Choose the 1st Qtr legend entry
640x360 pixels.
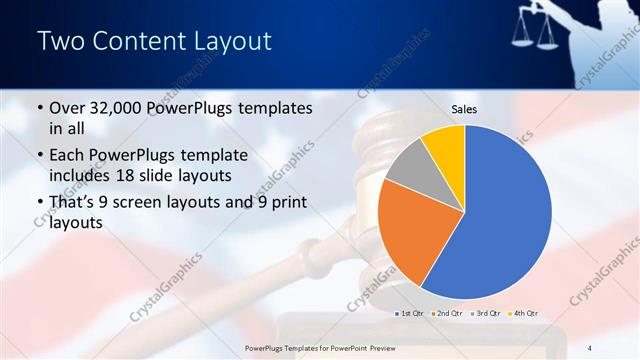pos(410,314)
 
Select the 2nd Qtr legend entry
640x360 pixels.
pos(447,314)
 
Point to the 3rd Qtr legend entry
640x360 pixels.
pos(486,314)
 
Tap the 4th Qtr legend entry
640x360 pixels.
pos(524,314)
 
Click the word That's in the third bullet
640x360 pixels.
pos(73,203)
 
